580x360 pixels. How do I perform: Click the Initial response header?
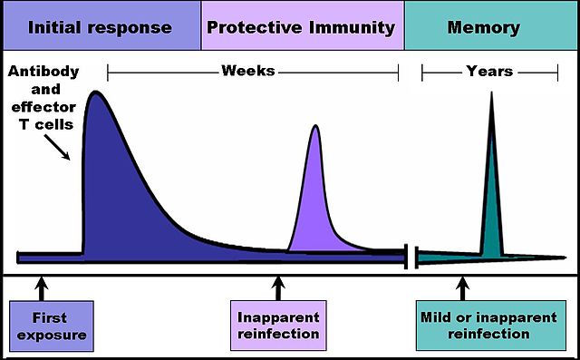(100, 26)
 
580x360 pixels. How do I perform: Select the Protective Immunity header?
(301, 26)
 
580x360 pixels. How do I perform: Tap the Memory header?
(484, 26)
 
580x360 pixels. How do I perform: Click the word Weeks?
(248, 71)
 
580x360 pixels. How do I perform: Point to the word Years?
(489, 71)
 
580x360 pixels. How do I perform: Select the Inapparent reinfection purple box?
(278, 326)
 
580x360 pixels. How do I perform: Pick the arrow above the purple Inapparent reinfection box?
(278, 288)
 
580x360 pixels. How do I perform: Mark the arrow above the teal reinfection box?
(463, 288)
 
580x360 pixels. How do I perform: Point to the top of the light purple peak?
(315, 125)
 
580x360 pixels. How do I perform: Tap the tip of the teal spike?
(491, 94)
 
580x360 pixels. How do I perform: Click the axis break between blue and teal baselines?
(411, 257)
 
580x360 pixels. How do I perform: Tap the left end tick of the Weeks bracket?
(108, 72)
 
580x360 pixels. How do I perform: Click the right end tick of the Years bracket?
(557, 72)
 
